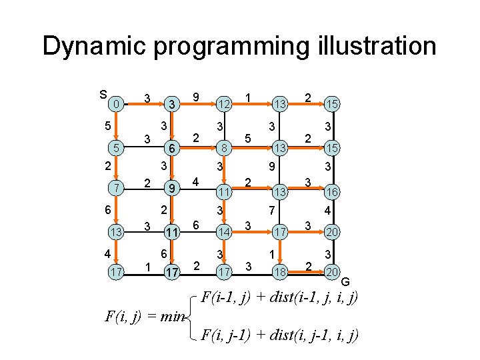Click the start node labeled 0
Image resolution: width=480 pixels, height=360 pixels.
117,104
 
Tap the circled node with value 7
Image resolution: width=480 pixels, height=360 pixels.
117,189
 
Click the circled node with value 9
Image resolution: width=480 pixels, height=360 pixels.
171,189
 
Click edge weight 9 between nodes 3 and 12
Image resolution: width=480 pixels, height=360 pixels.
196,97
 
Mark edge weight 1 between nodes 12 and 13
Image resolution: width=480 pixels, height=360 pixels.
248,97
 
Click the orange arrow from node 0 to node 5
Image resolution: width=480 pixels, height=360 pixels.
117,127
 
